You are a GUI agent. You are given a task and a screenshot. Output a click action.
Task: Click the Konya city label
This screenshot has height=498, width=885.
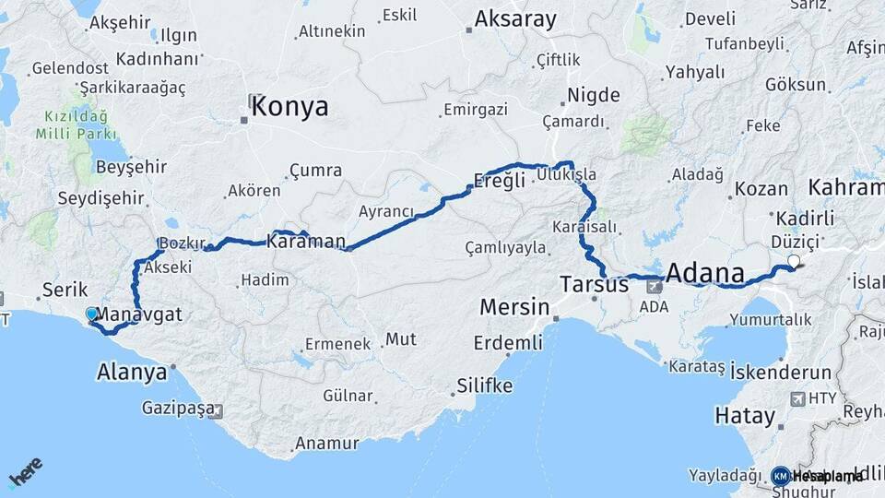point(289,107)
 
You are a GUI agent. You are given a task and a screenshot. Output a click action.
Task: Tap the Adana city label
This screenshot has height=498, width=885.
point(704,273)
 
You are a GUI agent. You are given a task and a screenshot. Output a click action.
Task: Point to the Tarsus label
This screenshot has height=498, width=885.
point(595,285)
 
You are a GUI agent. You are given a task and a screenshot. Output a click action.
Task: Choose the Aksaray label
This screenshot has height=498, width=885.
point(515,19)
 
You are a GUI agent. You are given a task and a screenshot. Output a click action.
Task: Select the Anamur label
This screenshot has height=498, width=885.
point(326,444)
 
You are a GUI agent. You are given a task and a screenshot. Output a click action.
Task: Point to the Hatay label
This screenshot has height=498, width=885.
point(745,416)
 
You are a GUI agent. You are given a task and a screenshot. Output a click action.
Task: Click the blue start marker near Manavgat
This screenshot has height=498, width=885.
point(91,314)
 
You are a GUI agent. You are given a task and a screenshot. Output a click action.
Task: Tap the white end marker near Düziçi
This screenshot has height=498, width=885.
point(793,261)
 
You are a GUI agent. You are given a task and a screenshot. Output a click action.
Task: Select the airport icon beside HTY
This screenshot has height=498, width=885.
point(796,398)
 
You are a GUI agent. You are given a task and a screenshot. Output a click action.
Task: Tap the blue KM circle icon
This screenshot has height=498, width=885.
point(780,476)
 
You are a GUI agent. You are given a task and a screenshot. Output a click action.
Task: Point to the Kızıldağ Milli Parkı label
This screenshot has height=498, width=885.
point(77,126)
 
